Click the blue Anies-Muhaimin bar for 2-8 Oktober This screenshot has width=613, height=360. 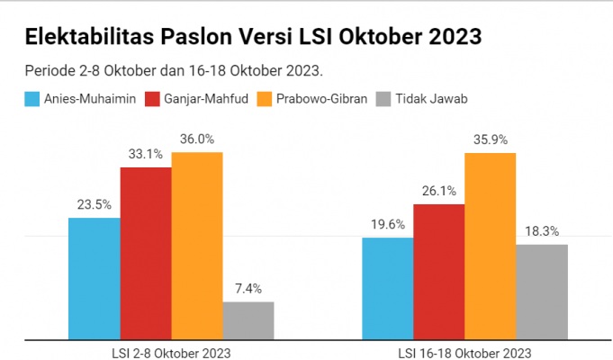click(94, 279)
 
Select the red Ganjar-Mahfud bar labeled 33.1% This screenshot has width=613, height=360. click(145, 254)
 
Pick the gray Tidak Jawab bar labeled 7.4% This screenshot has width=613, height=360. click(248, 320)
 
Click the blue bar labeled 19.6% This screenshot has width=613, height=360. click(387, 289)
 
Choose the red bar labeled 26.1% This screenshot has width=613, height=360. click(438, 272)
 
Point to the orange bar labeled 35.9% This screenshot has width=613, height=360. click(490, 247)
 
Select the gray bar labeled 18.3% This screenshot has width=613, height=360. click(542, 292)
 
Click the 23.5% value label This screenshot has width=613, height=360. click(94, 204)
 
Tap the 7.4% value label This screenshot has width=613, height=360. click(248, 289)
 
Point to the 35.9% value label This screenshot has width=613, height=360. click(490, 139)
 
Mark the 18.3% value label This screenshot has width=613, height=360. click(542, 231)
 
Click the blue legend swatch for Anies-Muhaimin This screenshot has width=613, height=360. click(32, 99)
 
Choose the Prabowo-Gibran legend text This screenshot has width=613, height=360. click(323, 99)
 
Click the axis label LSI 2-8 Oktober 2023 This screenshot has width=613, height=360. click(171, 352)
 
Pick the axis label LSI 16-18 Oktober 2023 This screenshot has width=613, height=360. click(464, 352)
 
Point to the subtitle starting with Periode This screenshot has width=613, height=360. click(174, 70)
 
